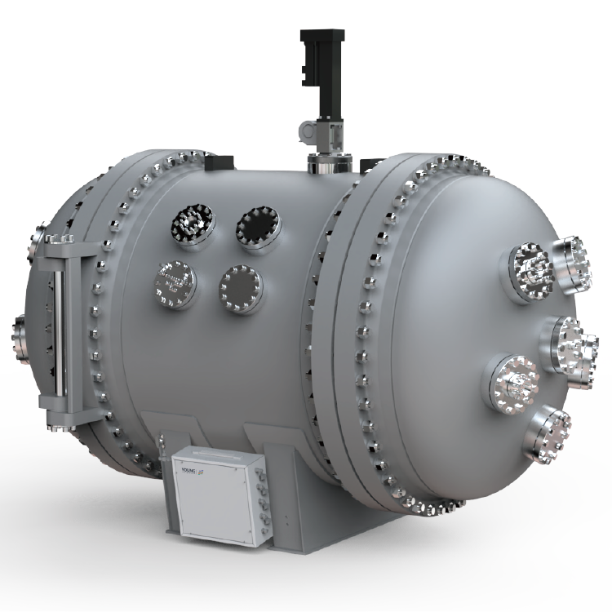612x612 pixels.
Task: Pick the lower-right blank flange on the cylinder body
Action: point(239,286)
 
